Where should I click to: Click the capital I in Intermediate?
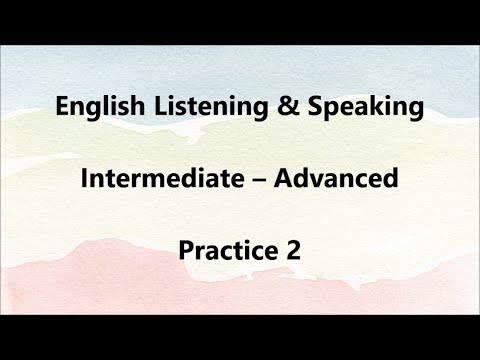click(x=83, y=179)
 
